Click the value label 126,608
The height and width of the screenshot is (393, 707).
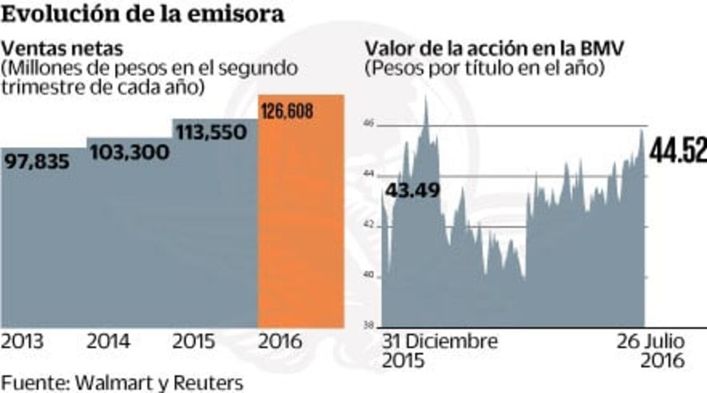pyautogui.click(x=287, y=112)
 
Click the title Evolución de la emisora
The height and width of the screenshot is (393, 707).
pyautogui.click(x=143, y=14)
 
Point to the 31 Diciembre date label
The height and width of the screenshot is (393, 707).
pyautogui.click(x=439, y=341)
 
